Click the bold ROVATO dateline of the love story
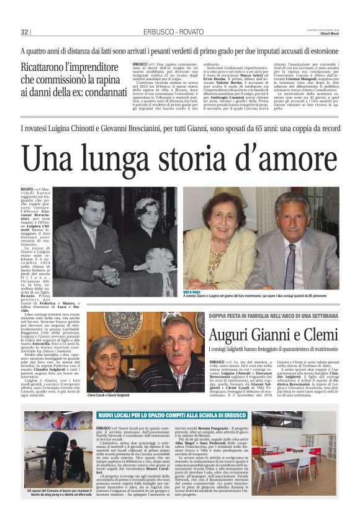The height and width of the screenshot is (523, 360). (27, 188)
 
